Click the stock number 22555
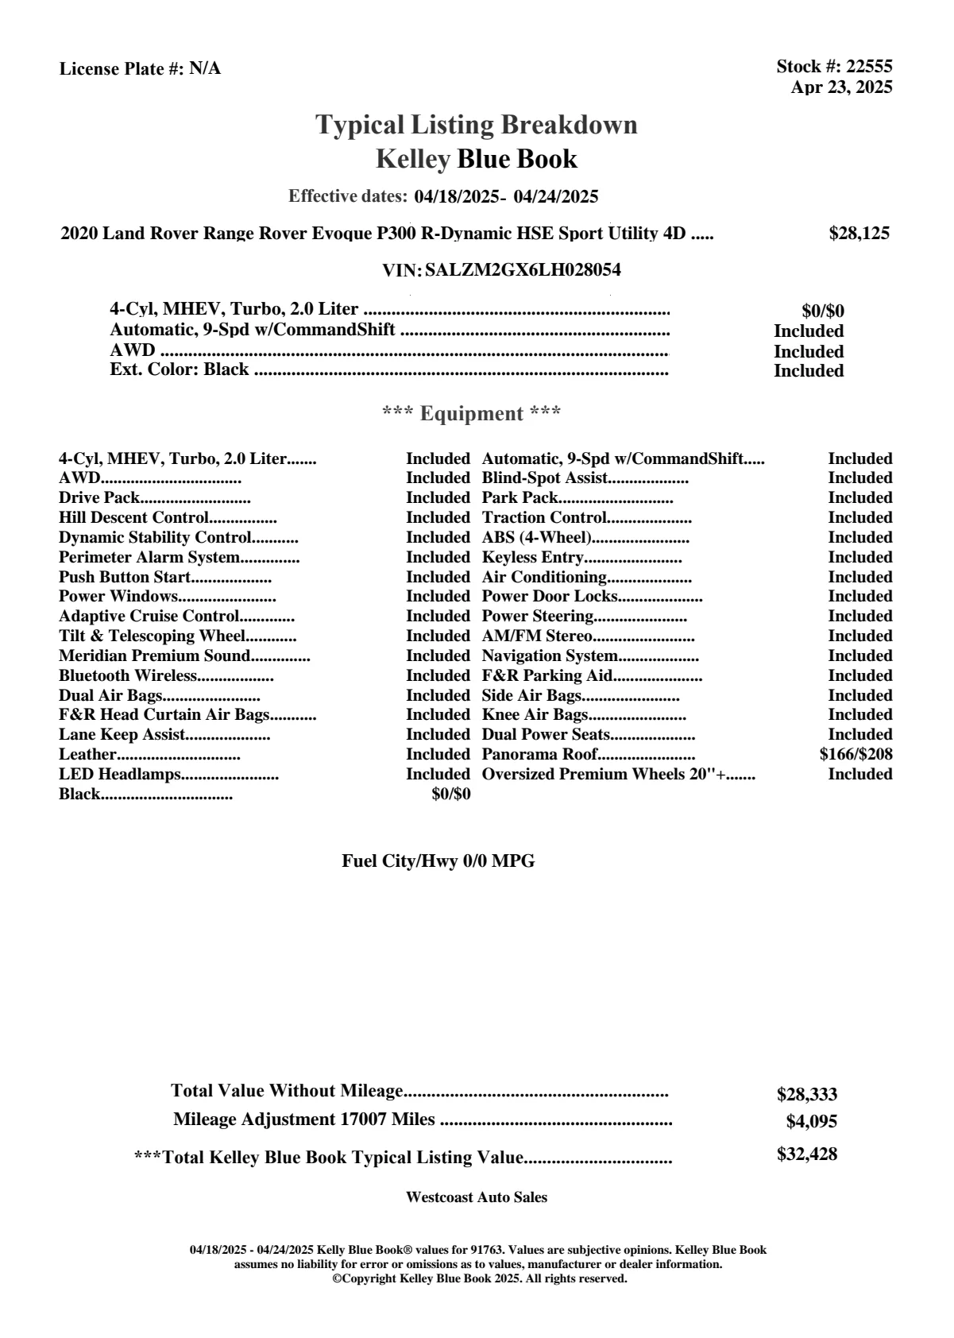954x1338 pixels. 869,67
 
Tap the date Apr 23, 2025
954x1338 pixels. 841,87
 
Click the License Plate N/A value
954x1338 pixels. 205,69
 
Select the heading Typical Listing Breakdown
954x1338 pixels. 477,125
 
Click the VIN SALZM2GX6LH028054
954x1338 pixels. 523,270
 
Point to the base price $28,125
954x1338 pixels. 859,234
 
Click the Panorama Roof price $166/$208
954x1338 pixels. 856,755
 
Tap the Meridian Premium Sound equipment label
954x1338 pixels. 155,656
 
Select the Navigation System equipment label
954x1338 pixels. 550,656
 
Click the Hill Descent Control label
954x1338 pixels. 133,518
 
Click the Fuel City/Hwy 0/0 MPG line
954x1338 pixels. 438,861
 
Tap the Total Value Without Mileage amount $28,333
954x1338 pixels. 806,1095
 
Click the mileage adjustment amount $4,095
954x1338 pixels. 811,1122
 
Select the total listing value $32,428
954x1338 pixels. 806,1154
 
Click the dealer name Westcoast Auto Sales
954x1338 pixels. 477,1197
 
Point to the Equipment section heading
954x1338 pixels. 472,414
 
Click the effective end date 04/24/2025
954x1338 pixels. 556,197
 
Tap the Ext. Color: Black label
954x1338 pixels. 180,370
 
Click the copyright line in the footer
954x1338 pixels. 479,1278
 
